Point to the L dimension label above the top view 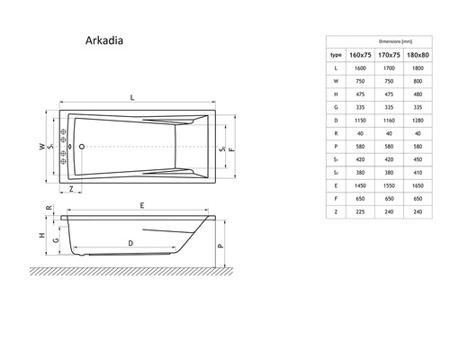133,96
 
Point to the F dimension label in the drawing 231,148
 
